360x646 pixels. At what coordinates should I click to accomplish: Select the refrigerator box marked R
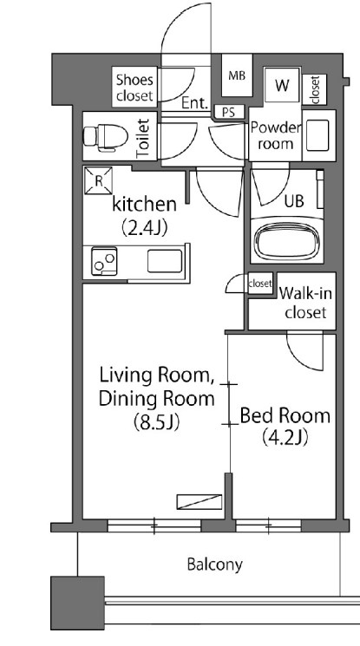point(98,180)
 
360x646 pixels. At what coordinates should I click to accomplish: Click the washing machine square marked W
point(282,85)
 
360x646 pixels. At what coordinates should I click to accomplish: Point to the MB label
point(237,75)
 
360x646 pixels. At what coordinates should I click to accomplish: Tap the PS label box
point(229,112)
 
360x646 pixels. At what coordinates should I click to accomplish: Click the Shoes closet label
point(134,88)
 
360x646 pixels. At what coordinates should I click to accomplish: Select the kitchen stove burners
point(104,261)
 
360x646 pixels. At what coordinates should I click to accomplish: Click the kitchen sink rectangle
point(165,261)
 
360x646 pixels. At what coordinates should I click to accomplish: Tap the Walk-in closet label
point(305,303)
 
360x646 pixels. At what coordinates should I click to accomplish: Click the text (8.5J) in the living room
point(156,422)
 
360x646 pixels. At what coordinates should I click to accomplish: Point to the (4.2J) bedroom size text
point(285,438)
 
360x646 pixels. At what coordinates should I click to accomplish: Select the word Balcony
point(214,564)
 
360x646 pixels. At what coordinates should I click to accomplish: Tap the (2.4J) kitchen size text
point(144,227)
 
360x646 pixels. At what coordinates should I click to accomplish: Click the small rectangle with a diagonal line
point(200,502)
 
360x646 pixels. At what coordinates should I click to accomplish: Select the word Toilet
point(142,138)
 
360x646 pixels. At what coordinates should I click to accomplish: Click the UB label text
point(294,200)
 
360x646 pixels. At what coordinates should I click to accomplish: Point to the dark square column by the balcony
point(77,603)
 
